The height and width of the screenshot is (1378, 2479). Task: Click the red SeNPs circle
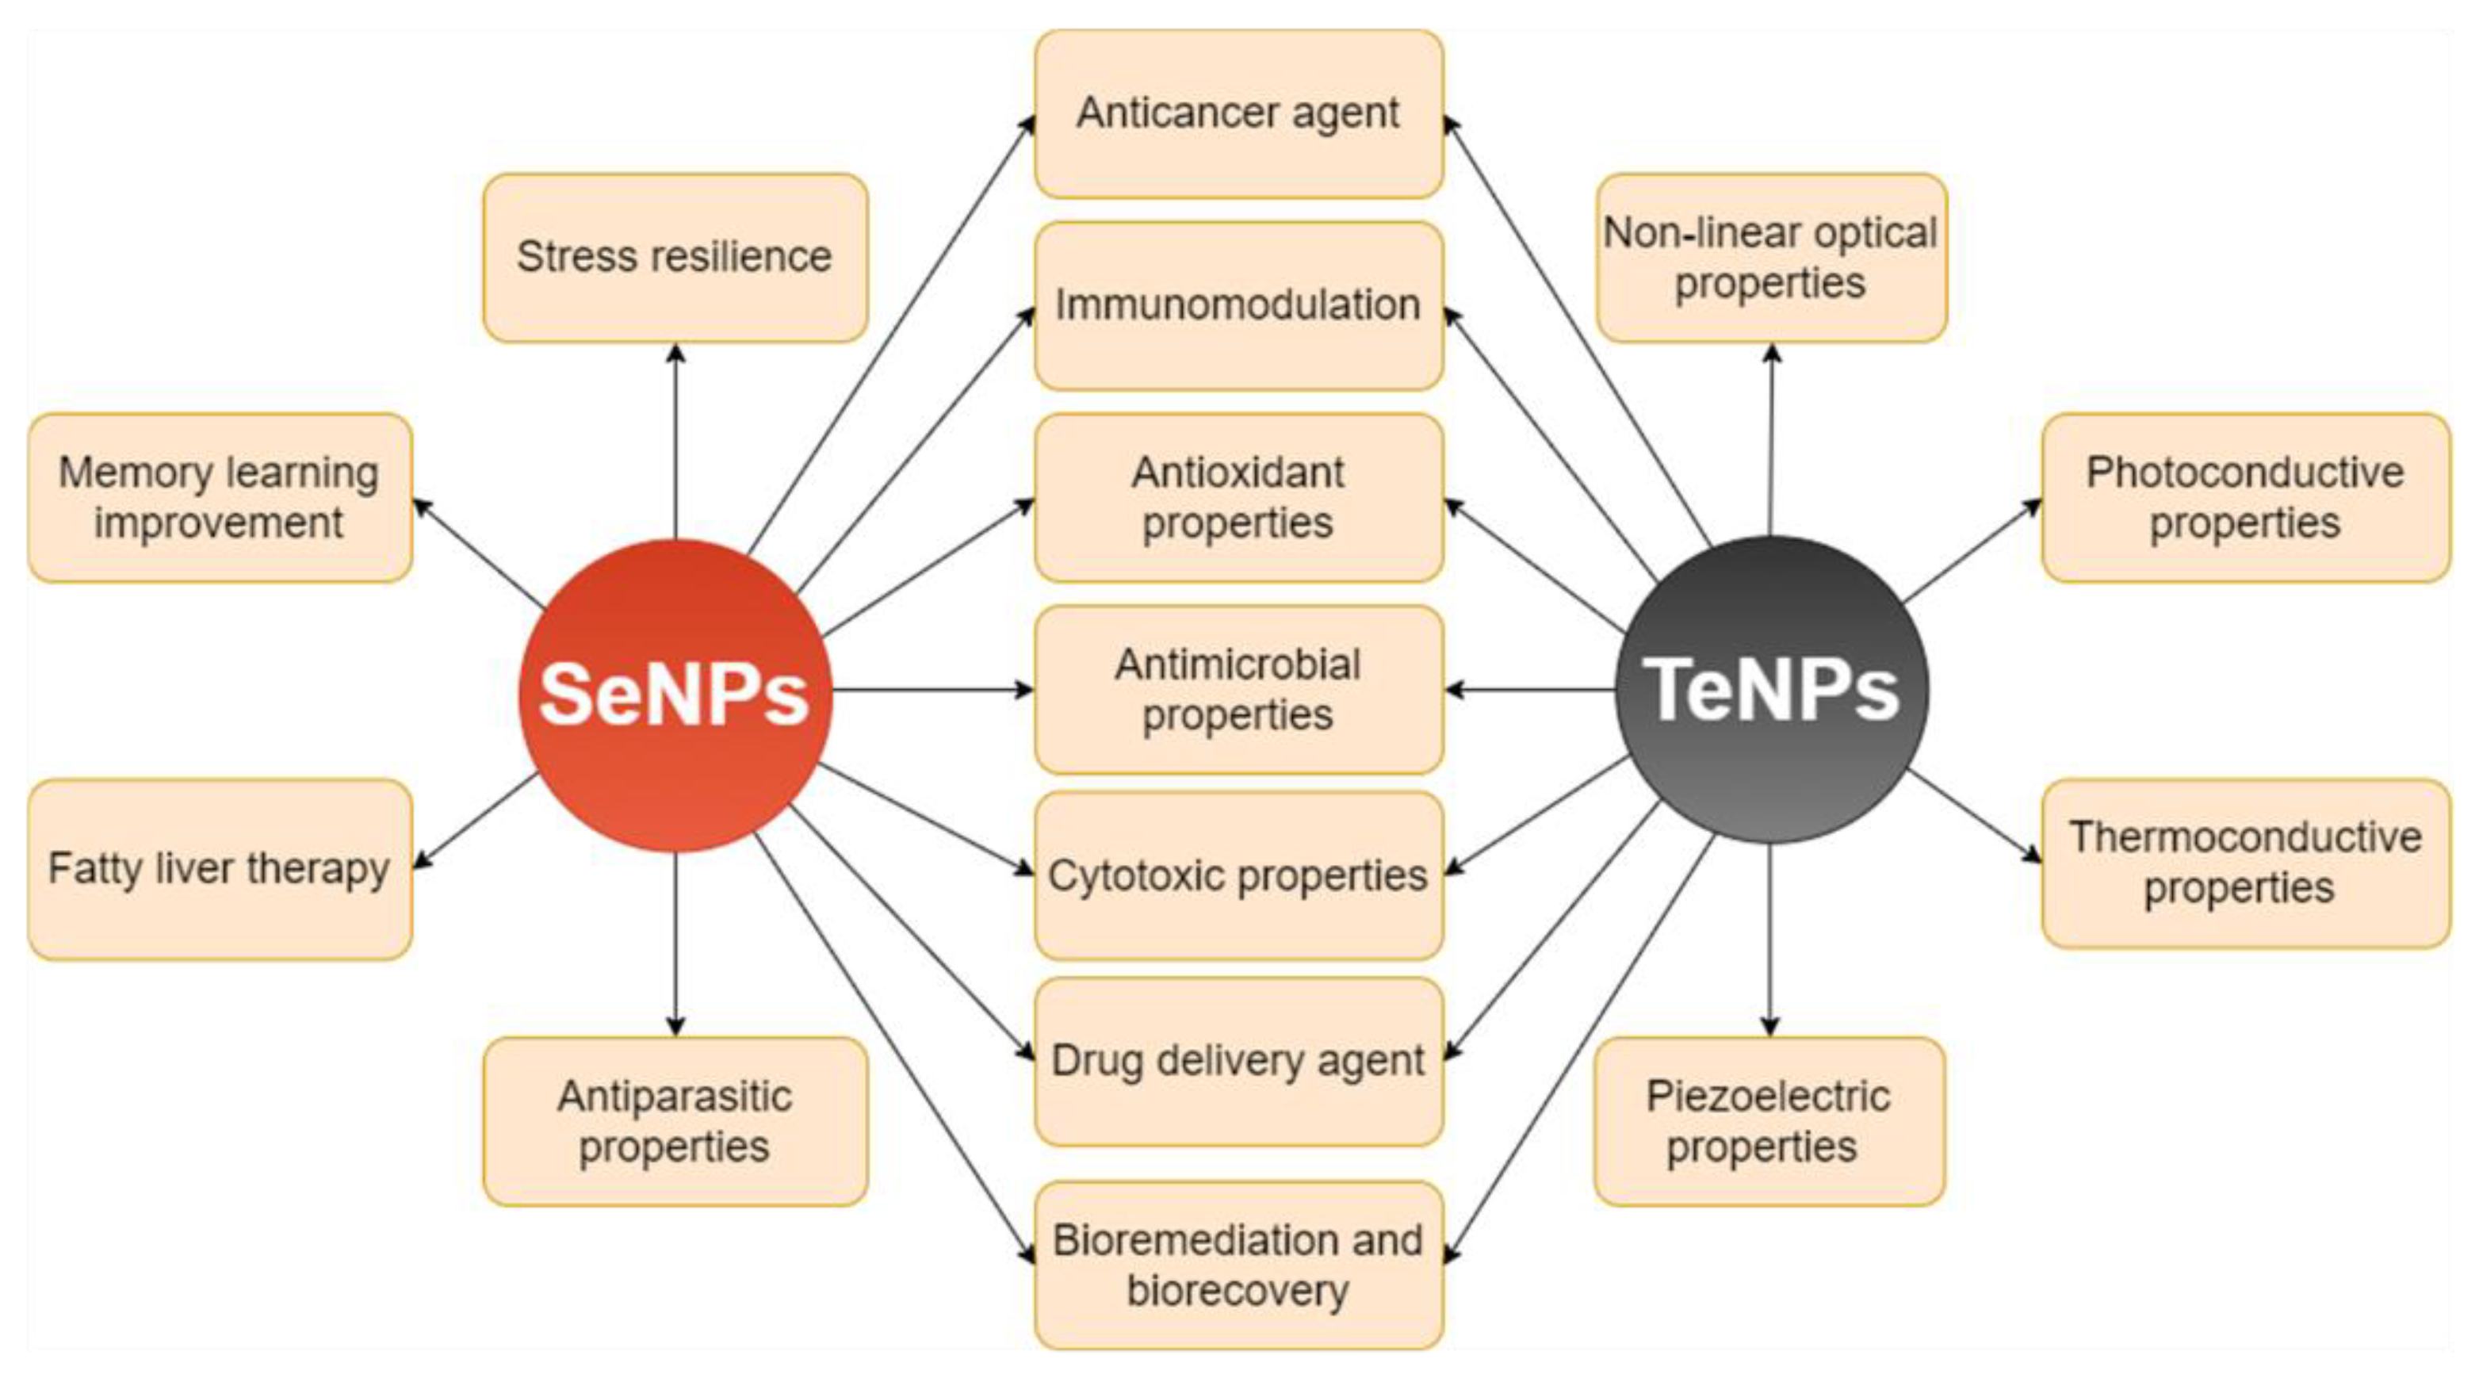tap(675, 694)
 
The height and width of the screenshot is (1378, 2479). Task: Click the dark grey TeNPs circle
tap(1771, 689)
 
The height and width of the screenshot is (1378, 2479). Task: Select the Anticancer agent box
tap(1238, 113)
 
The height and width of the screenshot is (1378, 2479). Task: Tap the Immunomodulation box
tap(1238, 305)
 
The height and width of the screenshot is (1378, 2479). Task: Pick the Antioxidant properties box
tap(1238, 497)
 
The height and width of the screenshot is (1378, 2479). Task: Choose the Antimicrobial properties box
tap(1238, 689)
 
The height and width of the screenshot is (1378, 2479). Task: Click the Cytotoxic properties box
tap(1238, 875)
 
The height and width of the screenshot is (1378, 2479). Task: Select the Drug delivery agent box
tap(1238, 1060)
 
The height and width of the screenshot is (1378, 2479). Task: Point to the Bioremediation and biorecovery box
tap(1238, 1265)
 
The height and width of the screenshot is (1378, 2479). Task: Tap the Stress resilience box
tap(675, 257)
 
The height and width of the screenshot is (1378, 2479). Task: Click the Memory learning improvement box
tap(220, 497)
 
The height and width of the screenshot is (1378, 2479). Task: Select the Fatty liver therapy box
tap(220, 869)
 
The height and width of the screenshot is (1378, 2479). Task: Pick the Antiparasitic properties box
tap(675, 1121)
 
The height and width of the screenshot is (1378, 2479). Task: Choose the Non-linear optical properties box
tap(1771, 257)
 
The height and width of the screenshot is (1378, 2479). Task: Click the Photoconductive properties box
tap(2245, 497)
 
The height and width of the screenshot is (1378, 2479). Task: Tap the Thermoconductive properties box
tap(2245, 863)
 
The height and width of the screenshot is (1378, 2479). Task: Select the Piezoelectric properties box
tap(1769, 1121)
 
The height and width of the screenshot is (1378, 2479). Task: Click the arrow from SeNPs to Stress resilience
tap(675, 442)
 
